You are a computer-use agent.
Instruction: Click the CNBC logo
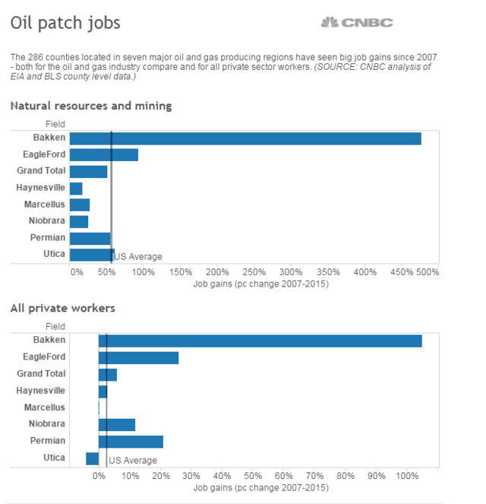coord(356,23)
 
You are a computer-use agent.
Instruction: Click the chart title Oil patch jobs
coord(65,23)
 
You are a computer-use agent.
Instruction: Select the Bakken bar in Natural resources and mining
coord(245,138)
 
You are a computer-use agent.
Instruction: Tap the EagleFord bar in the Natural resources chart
coord(103,155)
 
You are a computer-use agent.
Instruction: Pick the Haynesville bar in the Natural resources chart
coord(76,188)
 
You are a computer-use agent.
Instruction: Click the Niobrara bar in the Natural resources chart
coord(79,221)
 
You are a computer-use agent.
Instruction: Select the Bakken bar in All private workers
coord(260,341)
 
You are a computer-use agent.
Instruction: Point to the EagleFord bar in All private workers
coord(138,357)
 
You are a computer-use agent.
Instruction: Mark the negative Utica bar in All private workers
coord(93,458)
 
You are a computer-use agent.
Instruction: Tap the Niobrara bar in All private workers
coord(117,424)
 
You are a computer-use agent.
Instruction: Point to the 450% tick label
coord(365,271)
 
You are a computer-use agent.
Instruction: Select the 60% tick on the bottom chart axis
coord(284,476)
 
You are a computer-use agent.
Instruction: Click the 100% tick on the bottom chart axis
coord(407,476)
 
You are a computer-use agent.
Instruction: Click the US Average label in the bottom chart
coord(133,461)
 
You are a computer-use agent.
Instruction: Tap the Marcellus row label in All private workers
coord(45,407)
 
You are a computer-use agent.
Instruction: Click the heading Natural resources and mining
coord(91,106)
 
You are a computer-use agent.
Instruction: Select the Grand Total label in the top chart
coord(41,171)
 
